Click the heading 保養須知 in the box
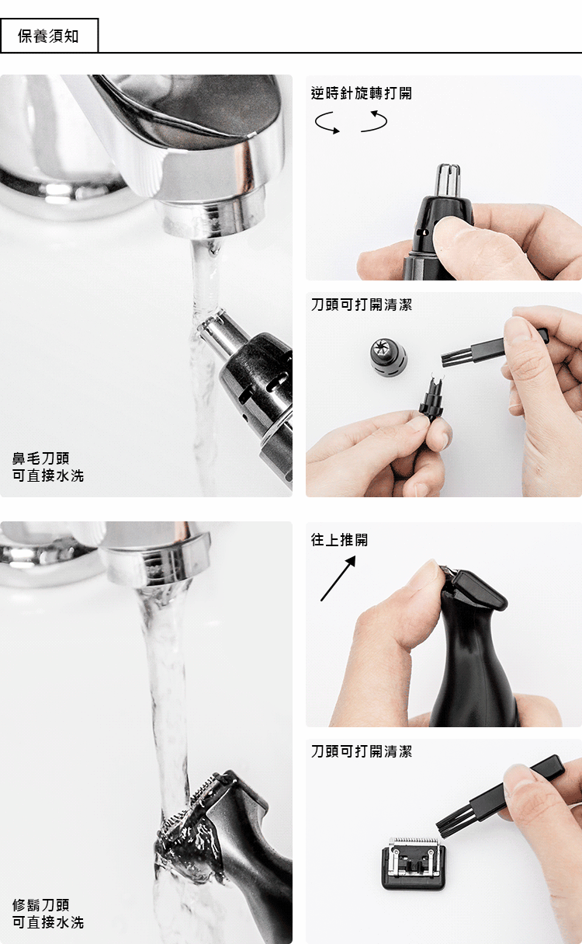click(x=48, y=37)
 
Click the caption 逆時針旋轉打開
click(x=362, y=93)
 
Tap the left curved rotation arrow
click(x=327, y=123)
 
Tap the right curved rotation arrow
click(x=374, y=121)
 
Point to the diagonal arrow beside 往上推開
click(x=338, y=578)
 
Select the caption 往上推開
click(x=339, y=539)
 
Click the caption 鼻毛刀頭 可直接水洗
click(x=48, y=467)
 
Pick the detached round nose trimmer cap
click(x=389, y=358)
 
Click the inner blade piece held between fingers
click(x=431, y=399)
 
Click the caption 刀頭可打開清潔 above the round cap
click(x=362, y=305)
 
